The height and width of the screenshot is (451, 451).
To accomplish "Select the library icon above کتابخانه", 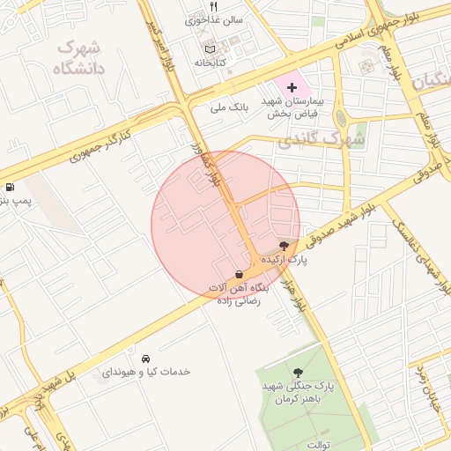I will [x=209, y=48].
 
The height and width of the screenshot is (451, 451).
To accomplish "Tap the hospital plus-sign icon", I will [x=292, y=88].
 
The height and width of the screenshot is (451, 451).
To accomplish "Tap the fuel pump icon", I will [x=9, y=187].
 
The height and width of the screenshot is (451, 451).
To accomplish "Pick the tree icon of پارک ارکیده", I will [x=284, y=245].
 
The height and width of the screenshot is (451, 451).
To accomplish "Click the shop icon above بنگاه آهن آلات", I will [x=240, y=274].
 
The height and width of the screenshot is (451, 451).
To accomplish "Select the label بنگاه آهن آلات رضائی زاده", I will [x=237, y=294].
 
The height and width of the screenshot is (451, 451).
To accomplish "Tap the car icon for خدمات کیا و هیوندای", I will [x=146, y=359].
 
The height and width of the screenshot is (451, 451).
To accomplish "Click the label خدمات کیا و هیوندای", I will [x=146, y=373].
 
